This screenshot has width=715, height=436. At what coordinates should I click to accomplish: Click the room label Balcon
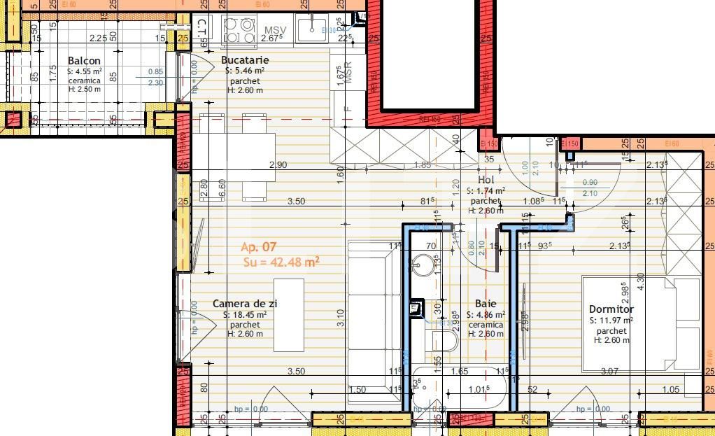point(84,61)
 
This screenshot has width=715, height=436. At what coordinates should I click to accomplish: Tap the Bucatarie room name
point(245,60)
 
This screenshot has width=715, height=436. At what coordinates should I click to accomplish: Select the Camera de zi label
point(245,304)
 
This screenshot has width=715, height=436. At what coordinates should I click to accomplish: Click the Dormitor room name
point(611,309)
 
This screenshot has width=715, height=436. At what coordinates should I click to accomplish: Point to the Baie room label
point(486,304)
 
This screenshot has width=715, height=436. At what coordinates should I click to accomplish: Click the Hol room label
point(486,180)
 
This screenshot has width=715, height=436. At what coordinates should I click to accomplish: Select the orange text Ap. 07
point(259,247)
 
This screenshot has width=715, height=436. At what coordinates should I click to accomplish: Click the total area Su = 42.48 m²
point(281,262)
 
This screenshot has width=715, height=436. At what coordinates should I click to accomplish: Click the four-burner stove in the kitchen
point(239,30)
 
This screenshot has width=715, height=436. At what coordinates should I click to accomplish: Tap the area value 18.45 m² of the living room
point(245,315)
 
